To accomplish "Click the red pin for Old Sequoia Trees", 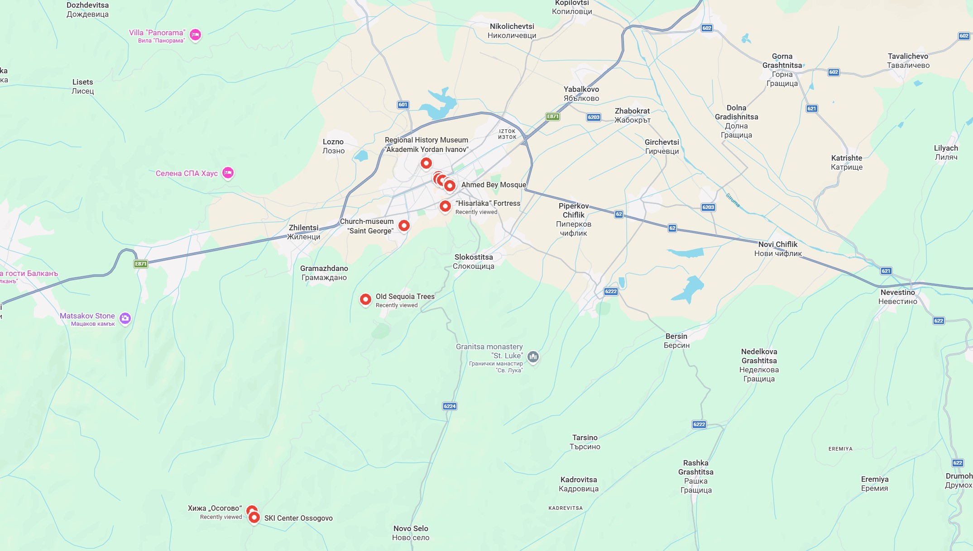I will click(365, 299).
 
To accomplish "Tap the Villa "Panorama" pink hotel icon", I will click(195, 34).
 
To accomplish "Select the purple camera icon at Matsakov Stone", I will click(125, 318).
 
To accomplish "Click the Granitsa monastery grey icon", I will click(533, 356).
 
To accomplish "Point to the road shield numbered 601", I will click(403, 104).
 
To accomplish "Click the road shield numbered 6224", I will click(450, 406).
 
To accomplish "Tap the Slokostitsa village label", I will click(474, 261).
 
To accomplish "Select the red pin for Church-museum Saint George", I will click(404, 225).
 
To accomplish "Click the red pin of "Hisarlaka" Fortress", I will click(445, 206).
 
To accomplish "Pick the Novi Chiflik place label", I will click(778, 249).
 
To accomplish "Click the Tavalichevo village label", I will click(908, 61).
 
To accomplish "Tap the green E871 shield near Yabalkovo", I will click(553, 116).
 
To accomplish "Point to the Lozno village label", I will click(333, 146).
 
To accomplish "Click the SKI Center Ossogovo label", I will click(298, 518).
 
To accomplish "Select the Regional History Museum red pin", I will click(426, 163).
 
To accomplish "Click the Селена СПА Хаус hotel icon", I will click(228, 172).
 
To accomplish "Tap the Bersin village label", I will click(676, 341).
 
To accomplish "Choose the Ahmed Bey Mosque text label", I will click(494, 185).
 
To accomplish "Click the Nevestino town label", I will click(897, 297).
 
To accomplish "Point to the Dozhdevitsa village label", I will click(87, 9).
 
